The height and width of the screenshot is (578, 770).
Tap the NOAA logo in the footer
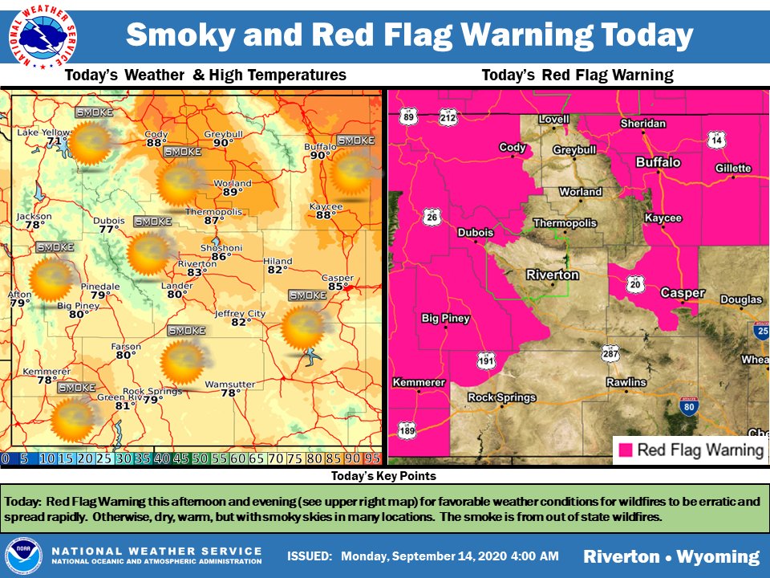22,556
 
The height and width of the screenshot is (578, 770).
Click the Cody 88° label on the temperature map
156,139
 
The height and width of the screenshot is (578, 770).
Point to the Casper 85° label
337,282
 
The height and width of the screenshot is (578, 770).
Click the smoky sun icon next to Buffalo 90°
351,170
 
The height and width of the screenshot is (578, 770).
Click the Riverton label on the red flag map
552,275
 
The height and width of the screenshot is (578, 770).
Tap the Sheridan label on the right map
643,124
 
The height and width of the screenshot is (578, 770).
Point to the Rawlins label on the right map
626,382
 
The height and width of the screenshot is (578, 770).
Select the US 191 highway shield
484,360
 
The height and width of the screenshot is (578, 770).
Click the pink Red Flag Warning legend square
625,450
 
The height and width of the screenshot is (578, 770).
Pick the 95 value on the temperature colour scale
371,458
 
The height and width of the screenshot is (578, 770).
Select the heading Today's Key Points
385,476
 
